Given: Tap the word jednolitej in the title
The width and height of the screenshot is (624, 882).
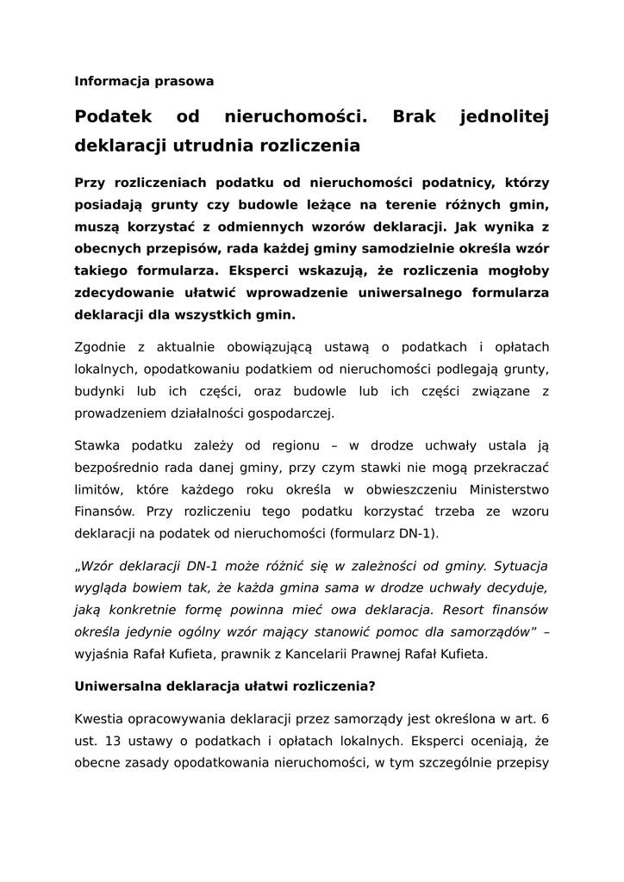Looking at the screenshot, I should click(x=505, y=116).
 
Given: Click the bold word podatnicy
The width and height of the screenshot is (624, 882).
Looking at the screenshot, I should click(x=455, y=183).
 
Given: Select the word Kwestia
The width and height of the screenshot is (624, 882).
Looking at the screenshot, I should click(x=101, y=718).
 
